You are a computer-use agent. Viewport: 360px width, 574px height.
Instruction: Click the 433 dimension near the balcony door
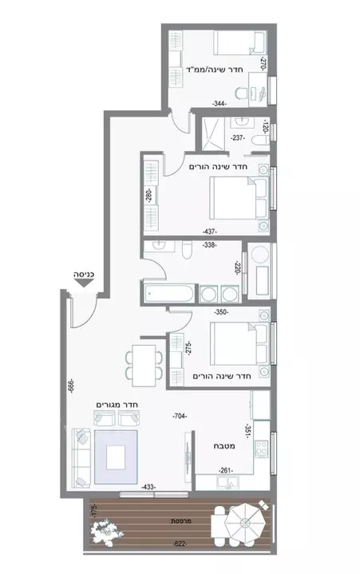(149, 486)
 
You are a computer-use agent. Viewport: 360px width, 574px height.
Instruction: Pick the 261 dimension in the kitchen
(227, 470)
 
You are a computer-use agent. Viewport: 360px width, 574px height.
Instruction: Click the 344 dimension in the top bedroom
(220, 104)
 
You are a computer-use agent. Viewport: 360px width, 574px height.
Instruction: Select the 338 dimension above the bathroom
(210, 245)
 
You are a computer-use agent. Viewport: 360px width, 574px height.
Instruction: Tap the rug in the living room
(117, 457)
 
